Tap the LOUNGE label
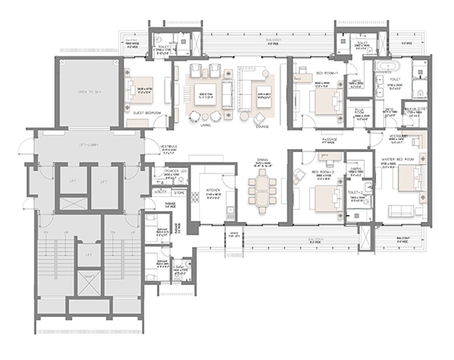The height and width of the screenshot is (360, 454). (261, 114)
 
